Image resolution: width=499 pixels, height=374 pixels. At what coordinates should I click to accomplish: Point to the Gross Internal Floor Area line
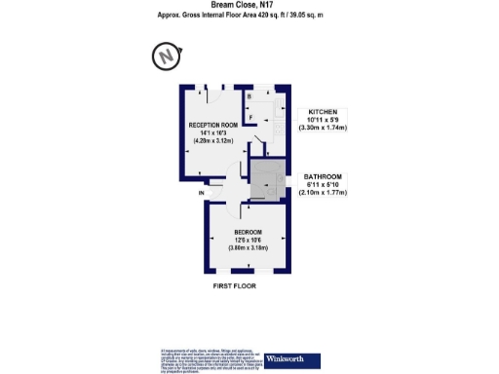click(x=249, y=15)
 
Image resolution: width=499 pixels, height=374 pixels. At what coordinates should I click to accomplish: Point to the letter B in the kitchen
click(x=249, y=97)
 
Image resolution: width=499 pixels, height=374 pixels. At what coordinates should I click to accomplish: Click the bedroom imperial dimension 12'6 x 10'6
click(x=247, y=241)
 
